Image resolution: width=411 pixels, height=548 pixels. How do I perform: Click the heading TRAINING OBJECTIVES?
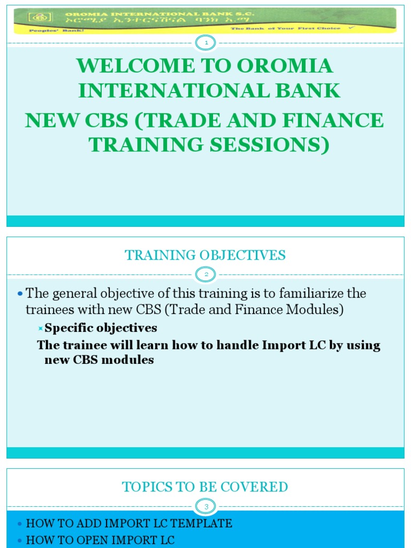point(205,255)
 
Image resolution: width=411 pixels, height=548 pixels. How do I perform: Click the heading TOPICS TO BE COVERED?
point(205,487)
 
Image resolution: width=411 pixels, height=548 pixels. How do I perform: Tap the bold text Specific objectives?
point(101,328)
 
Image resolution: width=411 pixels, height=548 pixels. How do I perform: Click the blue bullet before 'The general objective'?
point(20,294)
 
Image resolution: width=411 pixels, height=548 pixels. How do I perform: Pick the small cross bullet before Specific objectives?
point(40,328)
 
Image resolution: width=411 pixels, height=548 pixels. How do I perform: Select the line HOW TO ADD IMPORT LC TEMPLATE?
point(129,523)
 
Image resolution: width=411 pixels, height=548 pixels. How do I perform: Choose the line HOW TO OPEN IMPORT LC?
point(100,540)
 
